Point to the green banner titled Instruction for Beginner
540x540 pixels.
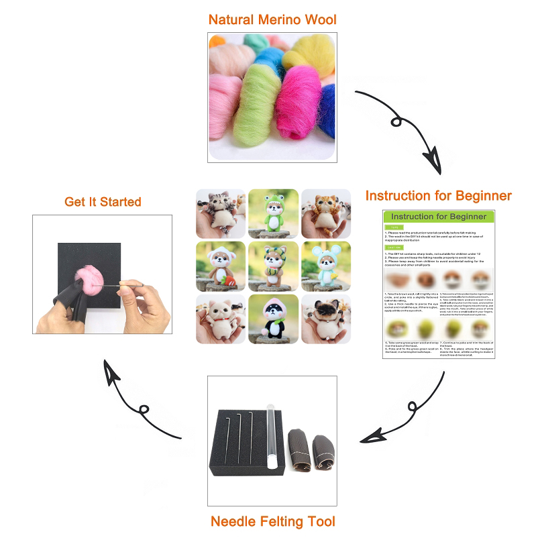click(x=439, y=217)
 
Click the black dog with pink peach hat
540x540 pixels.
click(x=273, y=319)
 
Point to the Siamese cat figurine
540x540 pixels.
click(x=326, y=319)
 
